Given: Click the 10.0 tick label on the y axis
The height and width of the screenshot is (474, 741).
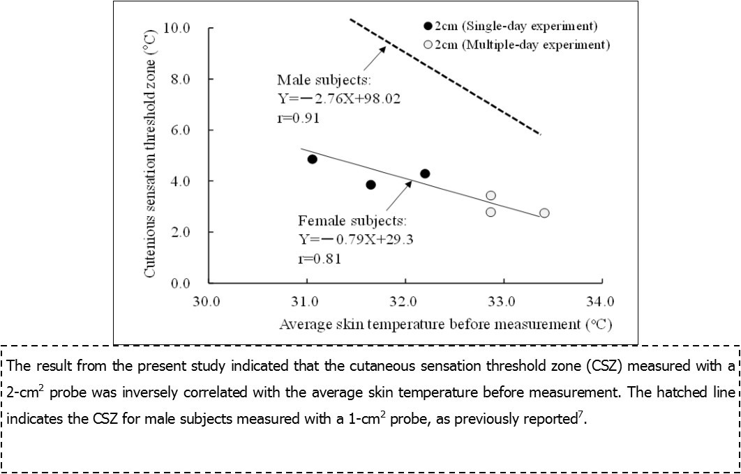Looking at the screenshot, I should pos(177,29).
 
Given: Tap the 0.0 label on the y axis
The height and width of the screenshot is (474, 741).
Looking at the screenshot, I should pos(181,283).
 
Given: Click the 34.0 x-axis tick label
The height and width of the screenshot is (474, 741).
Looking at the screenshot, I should pos(601,302).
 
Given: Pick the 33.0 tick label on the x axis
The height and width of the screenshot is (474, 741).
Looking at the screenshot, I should pos(502,302).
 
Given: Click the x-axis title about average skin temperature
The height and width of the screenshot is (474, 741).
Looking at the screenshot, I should pos(447,324).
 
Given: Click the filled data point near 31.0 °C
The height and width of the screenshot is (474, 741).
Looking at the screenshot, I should pos(313,159).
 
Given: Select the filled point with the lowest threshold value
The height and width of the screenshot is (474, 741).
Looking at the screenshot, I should pos(370,185).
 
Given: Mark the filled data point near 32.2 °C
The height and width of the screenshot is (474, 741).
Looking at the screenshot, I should pos(425,174).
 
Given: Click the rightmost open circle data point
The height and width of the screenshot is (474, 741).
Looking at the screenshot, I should pos(544,213).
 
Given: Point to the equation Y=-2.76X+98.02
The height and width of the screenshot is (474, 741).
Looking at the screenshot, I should pos(339,98).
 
